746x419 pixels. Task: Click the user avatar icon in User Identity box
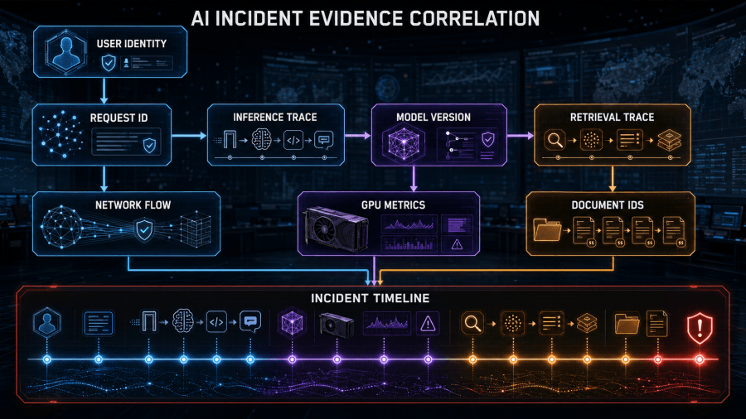tap(65, 52)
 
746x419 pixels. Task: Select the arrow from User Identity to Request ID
tap(104, 91)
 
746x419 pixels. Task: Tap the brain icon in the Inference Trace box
tap(262, 140)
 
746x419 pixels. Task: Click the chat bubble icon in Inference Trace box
tap(324, 140)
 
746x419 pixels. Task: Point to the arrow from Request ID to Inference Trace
tap(189, 136)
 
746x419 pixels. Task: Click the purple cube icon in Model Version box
tap(404, 142)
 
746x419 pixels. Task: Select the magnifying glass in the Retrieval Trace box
tap(555, 140)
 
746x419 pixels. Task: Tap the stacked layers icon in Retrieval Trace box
tap(670, 140)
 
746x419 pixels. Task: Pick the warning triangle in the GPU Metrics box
tap(457, 244)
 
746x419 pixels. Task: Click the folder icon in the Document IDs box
tap(547, 230)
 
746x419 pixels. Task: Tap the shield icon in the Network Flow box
tap(143, 230)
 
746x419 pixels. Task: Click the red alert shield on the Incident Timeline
tap(700, 328)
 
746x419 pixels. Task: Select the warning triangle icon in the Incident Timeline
tap(428, 324)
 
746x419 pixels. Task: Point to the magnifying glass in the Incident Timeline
tap(472, 324)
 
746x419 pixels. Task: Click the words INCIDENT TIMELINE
tap(371, 298)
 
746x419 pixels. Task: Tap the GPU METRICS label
tap(393, 205)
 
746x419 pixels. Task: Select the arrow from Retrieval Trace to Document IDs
tap(613, 179)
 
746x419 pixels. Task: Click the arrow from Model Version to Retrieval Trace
tap(521, 136)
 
